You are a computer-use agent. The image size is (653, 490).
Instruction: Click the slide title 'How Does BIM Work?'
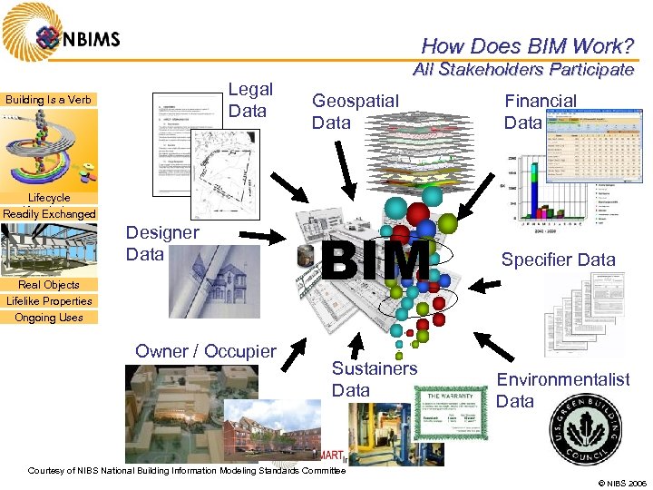(x=527, y=45)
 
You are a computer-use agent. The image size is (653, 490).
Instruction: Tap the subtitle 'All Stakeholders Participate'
(x=522, y=70)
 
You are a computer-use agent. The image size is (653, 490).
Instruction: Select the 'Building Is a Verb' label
(x=49, y=99)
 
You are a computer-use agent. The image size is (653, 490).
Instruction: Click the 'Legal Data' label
(x=249, y=100)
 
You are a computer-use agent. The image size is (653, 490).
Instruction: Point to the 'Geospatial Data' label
(x=355, y=111)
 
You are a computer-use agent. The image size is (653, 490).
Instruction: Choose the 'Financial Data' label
(x=540, y=112)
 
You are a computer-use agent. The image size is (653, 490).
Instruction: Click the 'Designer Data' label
(x=162, y=243)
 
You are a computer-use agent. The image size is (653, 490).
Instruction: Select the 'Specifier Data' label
(x=558, y=260)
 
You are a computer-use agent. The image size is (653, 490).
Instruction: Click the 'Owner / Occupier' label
(x=206, y=351)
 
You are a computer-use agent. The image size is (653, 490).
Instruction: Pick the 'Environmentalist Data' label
(x=562, y=390)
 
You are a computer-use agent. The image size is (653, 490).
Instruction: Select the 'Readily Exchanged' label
(x=49, y=214)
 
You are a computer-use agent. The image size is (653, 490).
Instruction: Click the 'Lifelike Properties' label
(x=49, y=300)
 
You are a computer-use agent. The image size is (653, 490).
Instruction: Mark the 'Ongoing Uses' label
(x=49, y=318)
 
